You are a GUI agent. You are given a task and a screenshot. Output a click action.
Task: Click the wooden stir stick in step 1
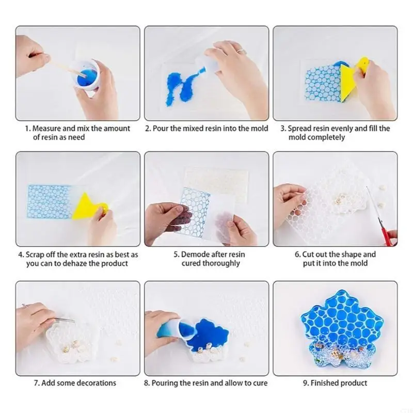tap(67, 69)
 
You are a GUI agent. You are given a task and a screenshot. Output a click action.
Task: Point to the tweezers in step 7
tap(63, 320)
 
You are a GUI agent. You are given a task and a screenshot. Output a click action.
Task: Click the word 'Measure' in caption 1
tap(46, 129)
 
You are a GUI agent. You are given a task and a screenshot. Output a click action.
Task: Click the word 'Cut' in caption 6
tap(308, 255)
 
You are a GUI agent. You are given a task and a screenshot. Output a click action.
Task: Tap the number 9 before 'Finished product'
tap(305, 383)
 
